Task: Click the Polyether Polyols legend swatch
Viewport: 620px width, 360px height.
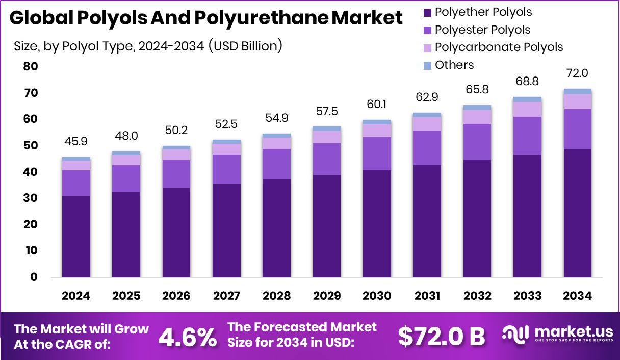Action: coord(427,12)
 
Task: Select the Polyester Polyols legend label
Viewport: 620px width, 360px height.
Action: coord(482,30)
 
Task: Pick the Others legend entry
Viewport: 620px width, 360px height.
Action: coord(454,65)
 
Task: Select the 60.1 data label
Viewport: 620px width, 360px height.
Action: coord(377,105)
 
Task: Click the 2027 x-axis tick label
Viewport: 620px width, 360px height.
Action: coord(226,296)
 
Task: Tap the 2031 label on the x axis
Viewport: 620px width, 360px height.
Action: coord(427,296)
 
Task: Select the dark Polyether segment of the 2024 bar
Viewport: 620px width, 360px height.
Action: coord(76,237)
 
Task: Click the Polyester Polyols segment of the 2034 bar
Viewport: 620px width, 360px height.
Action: coord(578,129)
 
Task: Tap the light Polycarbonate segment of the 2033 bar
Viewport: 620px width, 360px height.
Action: coord(527,109)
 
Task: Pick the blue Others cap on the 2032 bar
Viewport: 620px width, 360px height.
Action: coord(477,108)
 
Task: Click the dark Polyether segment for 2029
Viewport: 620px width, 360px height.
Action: coord(327,226)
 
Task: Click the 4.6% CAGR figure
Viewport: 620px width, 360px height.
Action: coord(187,337)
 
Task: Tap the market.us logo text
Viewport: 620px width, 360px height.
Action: coord(571,332)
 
